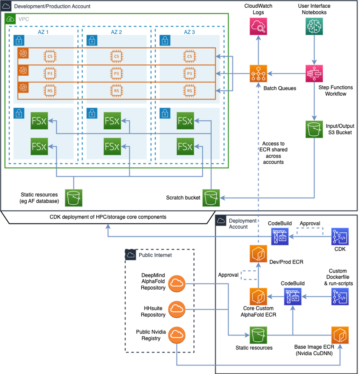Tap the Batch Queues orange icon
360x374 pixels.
pyautogui.click(x=258, y=74)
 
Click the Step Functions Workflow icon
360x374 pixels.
pyautogui.click(x=314, y=74)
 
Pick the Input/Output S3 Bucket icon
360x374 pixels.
pyautogui.click(x=314, y=129)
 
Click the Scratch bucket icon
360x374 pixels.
pyautogui.click(x=211, y=197)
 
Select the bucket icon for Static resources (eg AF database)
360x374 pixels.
pyautogui.click(x=74, y=197)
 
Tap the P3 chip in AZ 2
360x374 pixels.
pyautogui.click(x=117, y=73)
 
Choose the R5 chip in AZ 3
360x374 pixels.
pyautogui.click(x=189, y=90)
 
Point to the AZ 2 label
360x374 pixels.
pyautogui.click(x=117, y=32)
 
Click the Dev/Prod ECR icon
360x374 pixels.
pyautogui.click(x=258, y=254)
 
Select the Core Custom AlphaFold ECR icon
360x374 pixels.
pyautogui.click(x=258, y=296)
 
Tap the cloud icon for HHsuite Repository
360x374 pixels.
pyautogui.click(x=177, y=309)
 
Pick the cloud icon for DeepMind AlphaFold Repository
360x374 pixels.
pyautogui.click(x=177, y=282)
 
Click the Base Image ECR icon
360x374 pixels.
pyautogui.click(x=340, y=334)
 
